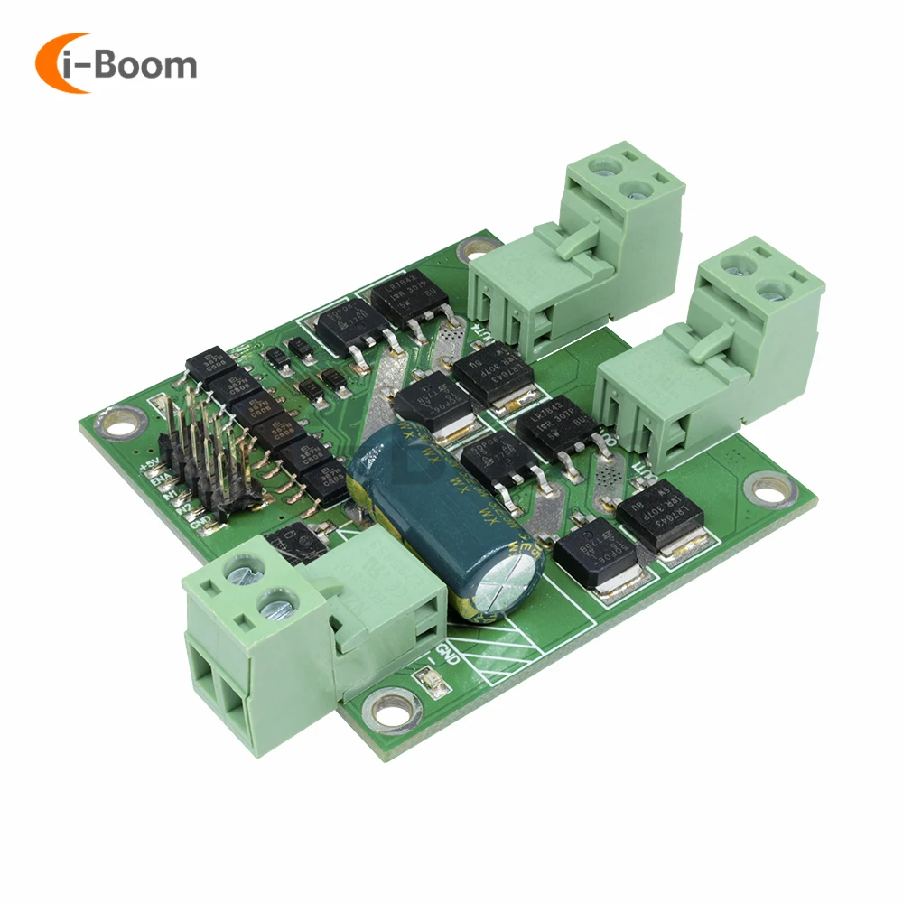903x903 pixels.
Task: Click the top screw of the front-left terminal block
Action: point(241,570)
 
